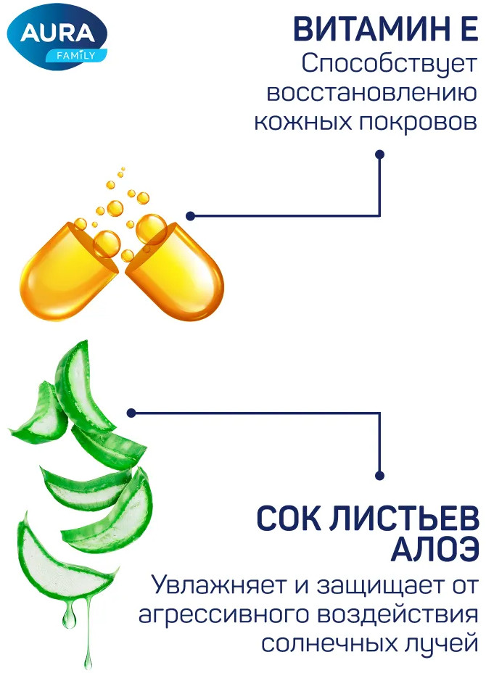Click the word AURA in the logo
(57, 33)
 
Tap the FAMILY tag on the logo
(76, 55)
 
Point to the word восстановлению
(372, 93)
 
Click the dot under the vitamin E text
(379, 154)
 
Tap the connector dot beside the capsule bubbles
(191, 216)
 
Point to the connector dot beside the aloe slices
(132, 413)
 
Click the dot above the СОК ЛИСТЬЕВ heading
(379, 476)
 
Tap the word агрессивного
(223, 616)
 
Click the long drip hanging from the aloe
(88, 631)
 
